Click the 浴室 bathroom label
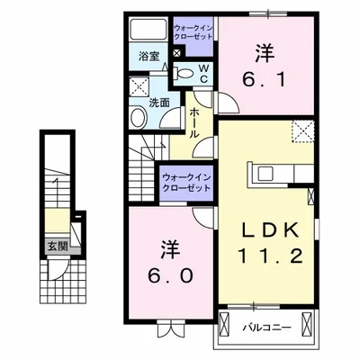[x=149, y=57]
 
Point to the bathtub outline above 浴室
[x=148, y=30]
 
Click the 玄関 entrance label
[x=58, y=247]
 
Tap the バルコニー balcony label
[x=266, y=327]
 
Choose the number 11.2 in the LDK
[x=270, y=256]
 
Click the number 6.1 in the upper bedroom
[x=264, y=80]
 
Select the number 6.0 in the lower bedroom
[x=170, y=275]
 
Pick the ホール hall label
[x=193, y=123]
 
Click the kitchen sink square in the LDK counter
[x=265, y=174]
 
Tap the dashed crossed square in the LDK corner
[x=302, y=131]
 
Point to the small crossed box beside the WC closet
[x=177, y=53]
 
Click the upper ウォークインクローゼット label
[x=193, y=32]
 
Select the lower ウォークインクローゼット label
[x=186, y=183]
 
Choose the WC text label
[x=203, y=74]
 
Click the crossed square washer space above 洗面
[x=139, y=86]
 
